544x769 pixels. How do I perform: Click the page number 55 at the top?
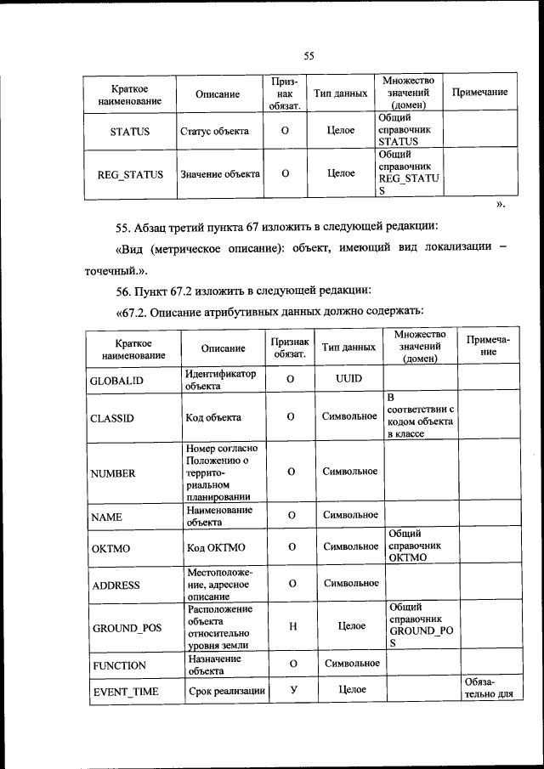coord(309,57)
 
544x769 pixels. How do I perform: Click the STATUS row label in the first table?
coord(129,132)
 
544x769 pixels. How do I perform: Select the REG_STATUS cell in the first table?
coord(129,173)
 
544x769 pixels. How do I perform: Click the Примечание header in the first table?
coord(479,92)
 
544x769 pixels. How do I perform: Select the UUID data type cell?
coord(349,377)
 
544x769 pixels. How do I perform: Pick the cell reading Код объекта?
coord(213,417)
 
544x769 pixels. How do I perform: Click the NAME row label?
coord(107,517)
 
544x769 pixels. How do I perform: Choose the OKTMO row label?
coord(110,549)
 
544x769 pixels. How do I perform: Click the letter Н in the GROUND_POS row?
coord(292,626)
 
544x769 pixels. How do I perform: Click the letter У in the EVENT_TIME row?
coord(292,689)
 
